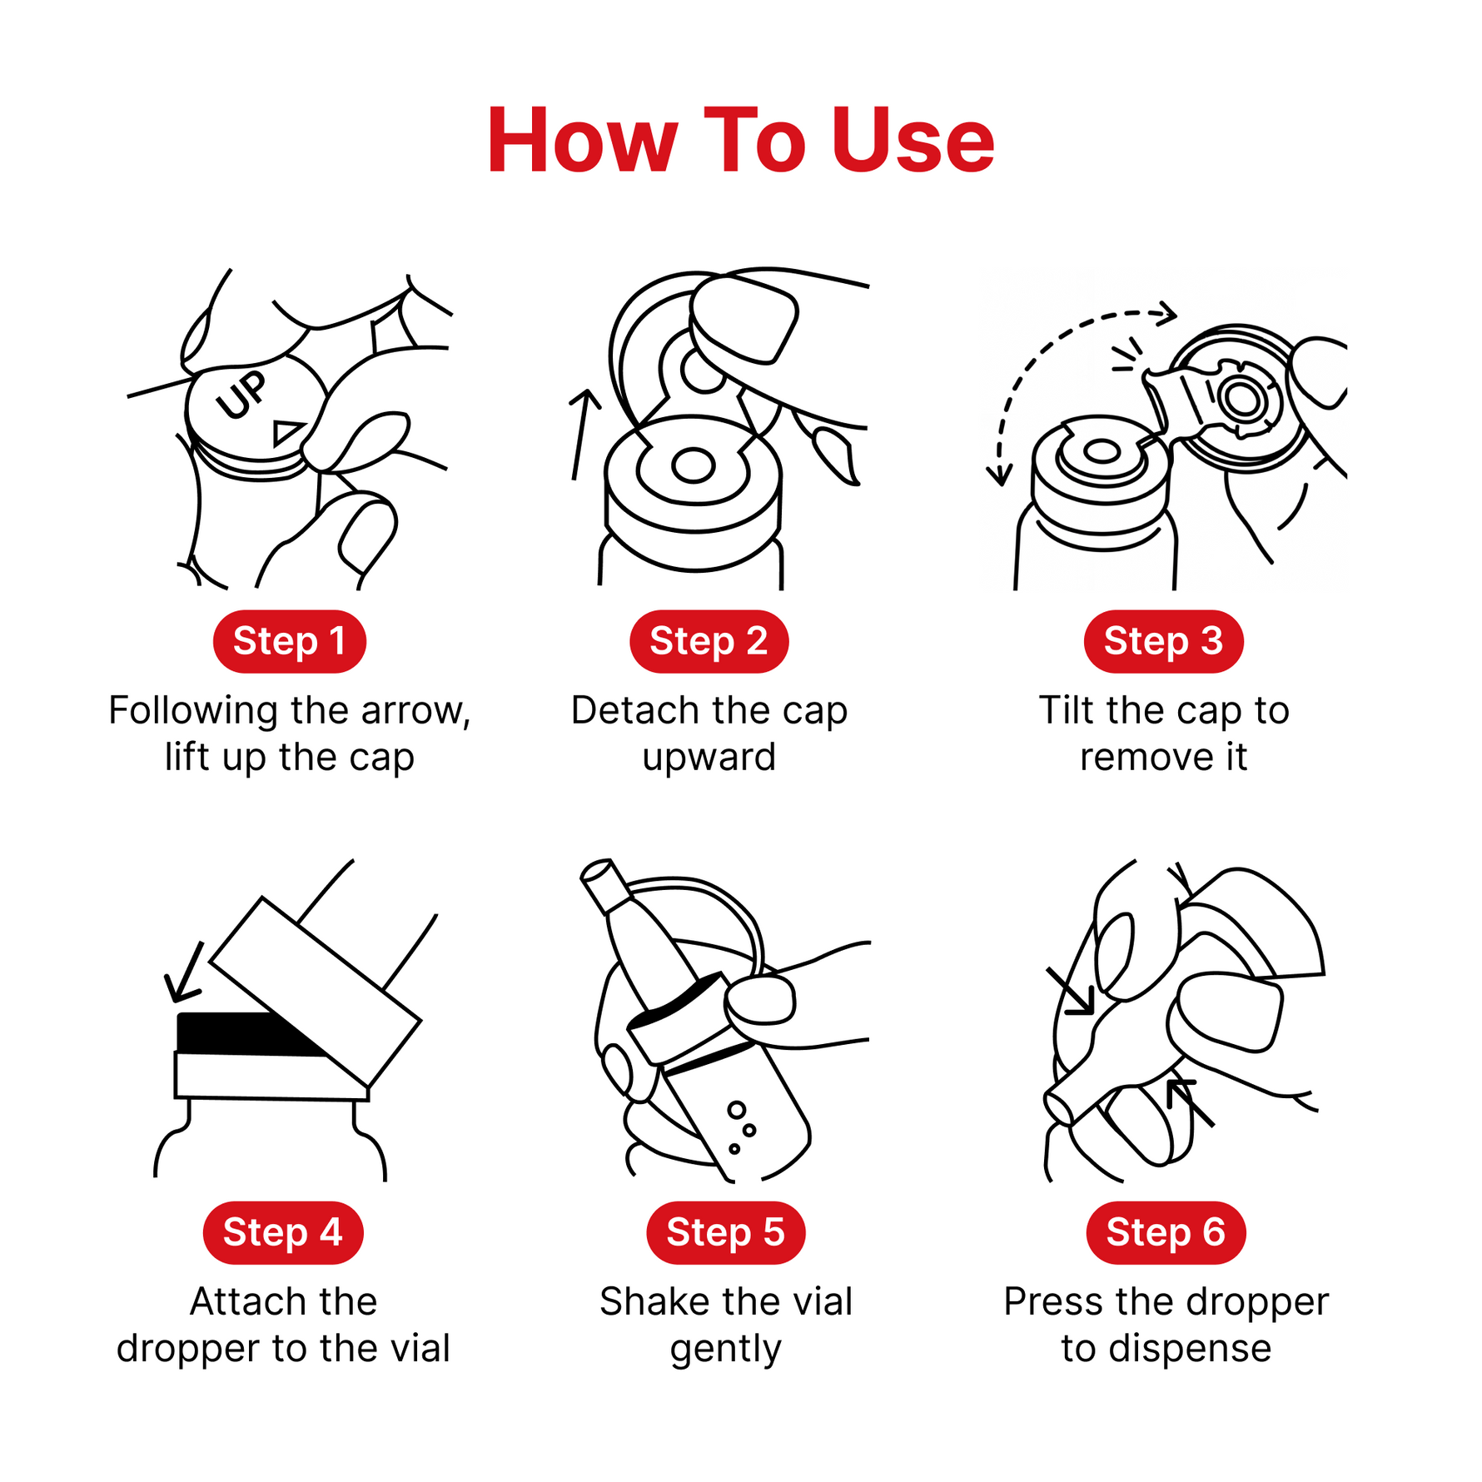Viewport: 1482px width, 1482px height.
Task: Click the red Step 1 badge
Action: (290, 641)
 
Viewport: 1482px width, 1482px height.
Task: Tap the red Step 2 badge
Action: (709, 641)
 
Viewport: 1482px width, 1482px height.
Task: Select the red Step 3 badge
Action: (1163, 641)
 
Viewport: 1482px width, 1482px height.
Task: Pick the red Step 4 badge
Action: (283, 1232)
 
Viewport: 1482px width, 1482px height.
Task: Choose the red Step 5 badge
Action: (725, 1232)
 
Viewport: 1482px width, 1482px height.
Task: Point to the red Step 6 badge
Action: (1166, 1232)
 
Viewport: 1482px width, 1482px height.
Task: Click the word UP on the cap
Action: (241, 395)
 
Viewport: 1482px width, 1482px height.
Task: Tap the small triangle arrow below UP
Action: (287, 432)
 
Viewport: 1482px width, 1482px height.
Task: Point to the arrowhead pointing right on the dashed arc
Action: (1167, 314)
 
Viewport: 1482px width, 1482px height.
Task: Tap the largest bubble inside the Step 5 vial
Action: (737, 1110)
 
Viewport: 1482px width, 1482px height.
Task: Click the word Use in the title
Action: (913, 141)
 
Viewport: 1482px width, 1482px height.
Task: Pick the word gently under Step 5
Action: (726, 1350)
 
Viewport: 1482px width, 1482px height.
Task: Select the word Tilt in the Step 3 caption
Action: (1067, 710)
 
